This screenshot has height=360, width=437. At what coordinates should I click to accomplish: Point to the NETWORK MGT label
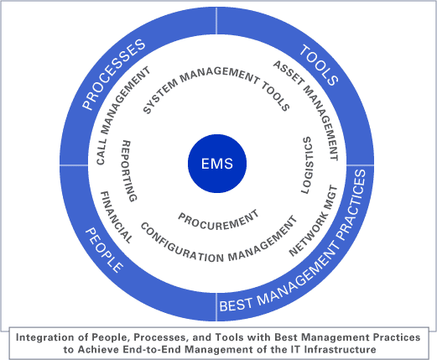[313, 220]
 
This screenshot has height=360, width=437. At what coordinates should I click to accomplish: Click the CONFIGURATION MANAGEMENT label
[218, 244]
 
